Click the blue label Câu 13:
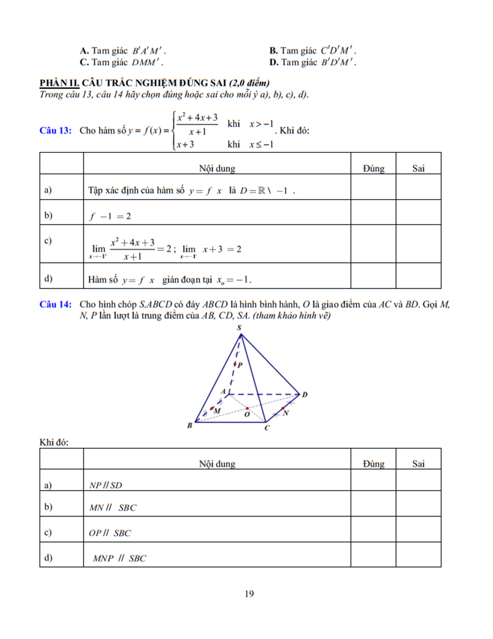pyautogui.click(x=55, y=131)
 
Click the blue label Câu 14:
pyautogui.click(x=55, y=305)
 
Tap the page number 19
pyautogui.click(x=249, y=594)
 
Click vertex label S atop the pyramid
pyautogui.click(x=239, y=328)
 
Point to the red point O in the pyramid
pyautogui.click(x=247, y=409)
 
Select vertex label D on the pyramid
pyautogui.click(x=304, y=395)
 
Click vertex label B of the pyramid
pyautogui.click(x=190, y=426)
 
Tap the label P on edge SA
pyautogui.click(x=240, y=365)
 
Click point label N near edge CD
pyautogui.click(x=285, y=413)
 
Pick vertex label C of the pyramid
pyautogui.click(x=267, y=428)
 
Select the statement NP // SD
pyautogui.click(x=106, y=485)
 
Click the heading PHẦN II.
pyautogui.click(x=59, y=83)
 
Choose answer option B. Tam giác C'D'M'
pyautogui.click(x=313, y=51)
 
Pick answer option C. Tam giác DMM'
pyautogui.click(x=122, y=62)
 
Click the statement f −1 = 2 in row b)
pyautogui.click(x=110, y=216)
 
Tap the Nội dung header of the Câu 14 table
pyautogui.click(x=217, y=464)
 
